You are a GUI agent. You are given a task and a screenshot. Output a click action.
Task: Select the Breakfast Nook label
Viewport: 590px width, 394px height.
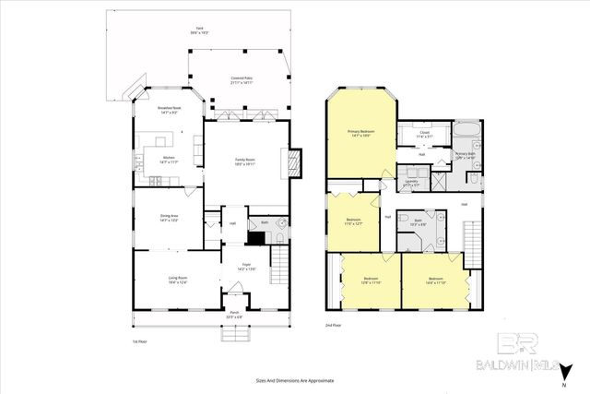pyautogui.click(x=168, y=111)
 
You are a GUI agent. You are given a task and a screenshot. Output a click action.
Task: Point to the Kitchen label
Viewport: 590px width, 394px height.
pyautogui.click(x=169, y=159)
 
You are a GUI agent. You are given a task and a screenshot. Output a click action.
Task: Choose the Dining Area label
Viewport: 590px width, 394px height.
pyautogui.click(x=169, y=219)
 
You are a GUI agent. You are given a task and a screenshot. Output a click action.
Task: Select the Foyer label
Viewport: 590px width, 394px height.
pyautogui.click(x=246, y=267)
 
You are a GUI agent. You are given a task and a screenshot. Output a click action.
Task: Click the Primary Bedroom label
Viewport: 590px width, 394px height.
pyautogui.click(x=359, y=134)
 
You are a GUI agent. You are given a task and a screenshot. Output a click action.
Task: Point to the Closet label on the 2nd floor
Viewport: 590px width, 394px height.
pyautogui.click(x=424, y=134)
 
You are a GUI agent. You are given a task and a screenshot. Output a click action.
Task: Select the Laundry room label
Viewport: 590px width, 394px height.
pyautogui.click(x=411, y=182)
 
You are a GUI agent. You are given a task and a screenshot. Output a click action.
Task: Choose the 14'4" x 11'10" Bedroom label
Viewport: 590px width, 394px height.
pyautogui.click(x=436, y=280)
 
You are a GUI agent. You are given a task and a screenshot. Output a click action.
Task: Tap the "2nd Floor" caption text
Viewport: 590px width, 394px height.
pyautogui.click(x=334, y=326)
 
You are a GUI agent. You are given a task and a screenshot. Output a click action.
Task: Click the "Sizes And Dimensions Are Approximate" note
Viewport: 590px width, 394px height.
pyautogui.click(x=294, y=380)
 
